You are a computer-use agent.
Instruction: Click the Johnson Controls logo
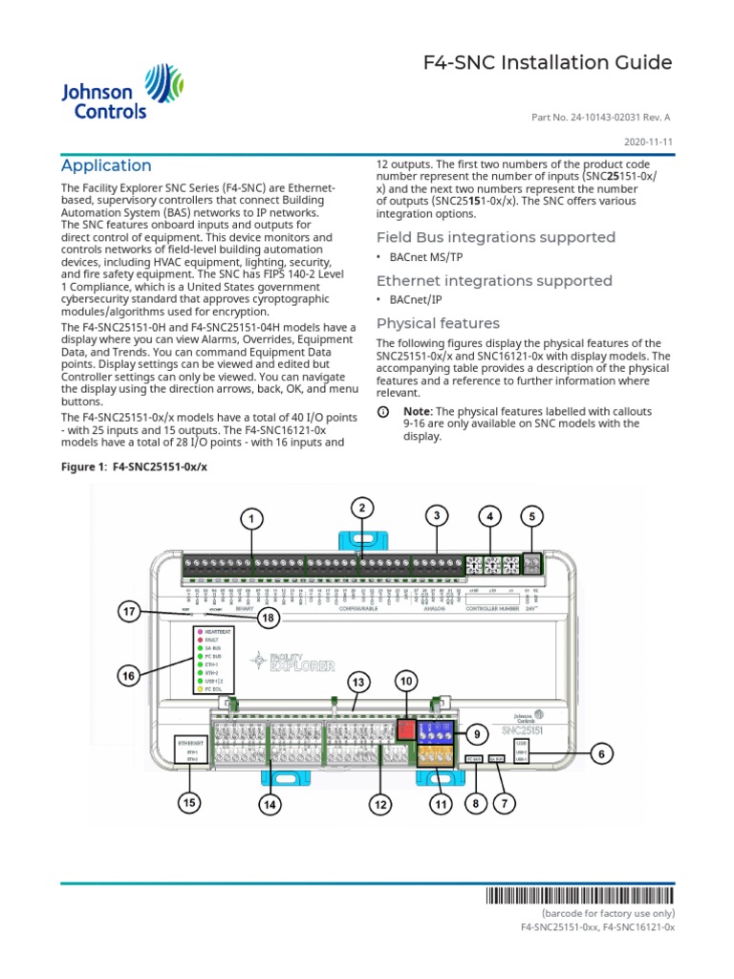click(106, 92)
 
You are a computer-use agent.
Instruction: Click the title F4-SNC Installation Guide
click(548, 63)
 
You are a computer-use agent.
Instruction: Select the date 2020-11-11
click(648, 140)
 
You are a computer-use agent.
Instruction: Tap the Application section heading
click(106, 165)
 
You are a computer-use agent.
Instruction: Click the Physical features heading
click(438, 323)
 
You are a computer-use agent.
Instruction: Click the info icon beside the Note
click(383, 411)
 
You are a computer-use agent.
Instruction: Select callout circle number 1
click(251, 518)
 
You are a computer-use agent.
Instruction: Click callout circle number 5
click(531, 516)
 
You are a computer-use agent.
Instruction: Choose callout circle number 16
click(127, 676)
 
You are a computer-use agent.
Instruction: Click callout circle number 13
click(358, 683)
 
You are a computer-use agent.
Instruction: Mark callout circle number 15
click(190, 803)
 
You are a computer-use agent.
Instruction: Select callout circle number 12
click(381, 805)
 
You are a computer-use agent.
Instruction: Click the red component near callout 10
click(405, 729)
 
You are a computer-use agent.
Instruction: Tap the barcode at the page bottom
click(578, 896)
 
